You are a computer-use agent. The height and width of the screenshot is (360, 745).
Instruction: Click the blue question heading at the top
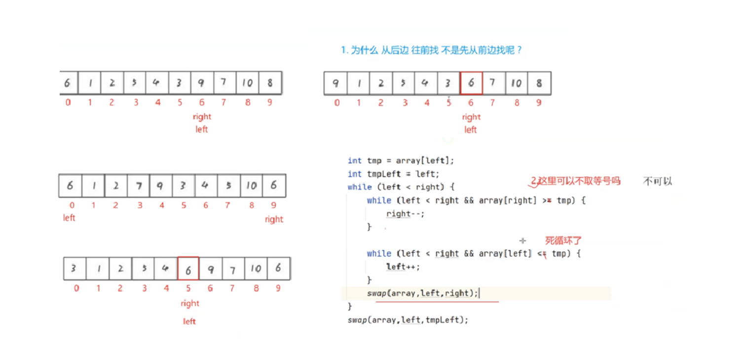point(431,50)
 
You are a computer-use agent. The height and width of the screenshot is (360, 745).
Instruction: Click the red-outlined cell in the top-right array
point(471,83)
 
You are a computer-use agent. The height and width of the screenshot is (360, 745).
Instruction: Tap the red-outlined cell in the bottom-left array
point(188,268)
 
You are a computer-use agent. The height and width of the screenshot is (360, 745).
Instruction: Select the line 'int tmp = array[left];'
point(400,160)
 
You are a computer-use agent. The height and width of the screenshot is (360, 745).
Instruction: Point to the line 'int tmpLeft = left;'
point(393,174)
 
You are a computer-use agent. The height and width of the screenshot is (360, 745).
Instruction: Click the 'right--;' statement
point(405,214)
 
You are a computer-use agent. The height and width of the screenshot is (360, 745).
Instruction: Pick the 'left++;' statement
point(403,267)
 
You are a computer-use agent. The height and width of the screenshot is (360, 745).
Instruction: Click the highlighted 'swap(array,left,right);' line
point(422,293)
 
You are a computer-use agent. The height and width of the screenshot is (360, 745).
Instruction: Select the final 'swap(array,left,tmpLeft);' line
point(408,320)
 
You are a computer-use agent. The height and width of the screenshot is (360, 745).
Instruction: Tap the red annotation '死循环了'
point(563,241)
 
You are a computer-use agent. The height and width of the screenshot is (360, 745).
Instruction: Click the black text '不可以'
point(657,181)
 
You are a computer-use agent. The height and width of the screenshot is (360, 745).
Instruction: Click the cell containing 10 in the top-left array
point(247,83)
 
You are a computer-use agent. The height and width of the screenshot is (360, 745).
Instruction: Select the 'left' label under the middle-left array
point(69,217)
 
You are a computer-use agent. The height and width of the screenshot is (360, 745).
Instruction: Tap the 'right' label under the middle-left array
point(274,219)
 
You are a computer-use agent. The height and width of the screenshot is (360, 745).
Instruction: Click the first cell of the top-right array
point(335,83)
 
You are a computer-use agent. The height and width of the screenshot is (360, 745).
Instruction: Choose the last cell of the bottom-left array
point(278,268)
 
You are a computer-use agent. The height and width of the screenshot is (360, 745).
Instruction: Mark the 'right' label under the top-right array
point(471,117)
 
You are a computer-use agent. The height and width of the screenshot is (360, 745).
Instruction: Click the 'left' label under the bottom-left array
point(189,321)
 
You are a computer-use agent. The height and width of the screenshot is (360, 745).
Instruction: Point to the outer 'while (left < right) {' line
point(401,187)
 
